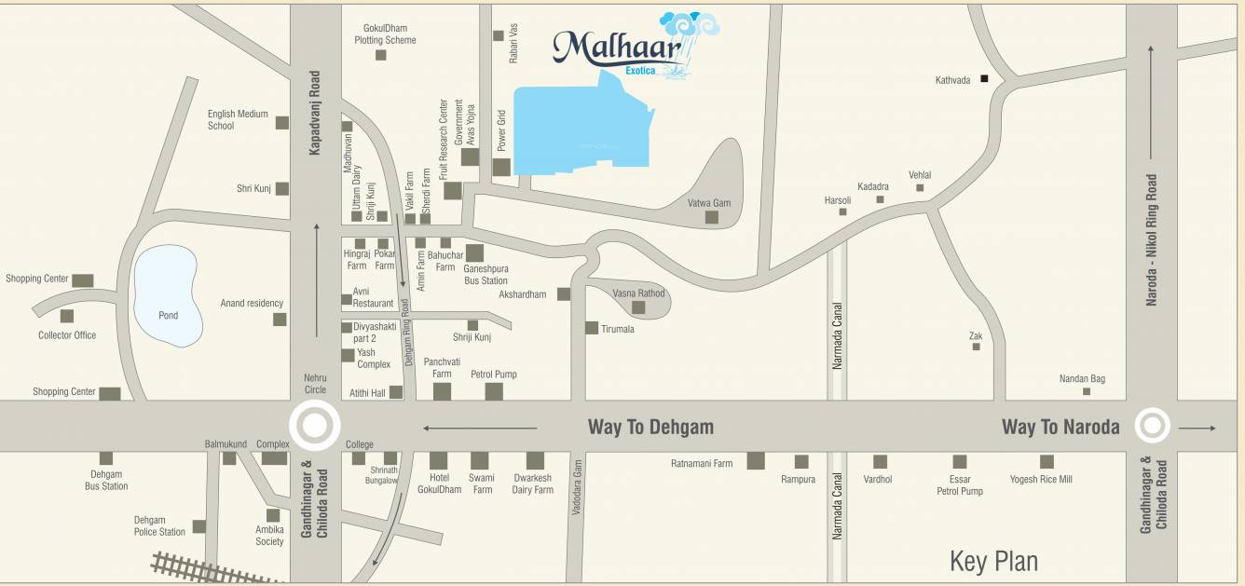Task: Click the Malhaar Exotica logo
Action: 634,47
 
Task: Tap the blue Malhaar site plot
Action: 578,130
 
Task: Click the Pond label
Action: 168,316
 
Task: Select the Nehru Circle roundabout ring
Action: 314,427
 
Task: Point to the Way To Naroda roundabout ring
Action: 1152,427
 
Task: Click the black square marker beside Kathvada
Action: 983,80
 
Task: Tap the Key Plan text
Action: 993,561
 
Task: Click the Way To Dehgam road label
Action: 650,427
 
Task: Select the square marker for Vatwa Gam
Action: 712,217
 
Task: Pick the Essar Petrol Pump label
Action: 960,485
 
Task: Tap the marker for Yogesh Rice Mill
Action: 1047,461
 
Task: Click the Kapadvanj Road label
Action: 315,112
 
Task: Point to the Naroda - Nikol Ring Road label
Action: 1152,239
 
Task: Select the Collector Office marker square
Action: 67,316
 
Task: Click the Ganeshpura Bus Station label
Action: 486,275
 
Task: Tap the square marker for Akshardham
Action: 564,294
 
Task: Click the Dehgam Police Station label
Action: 159,526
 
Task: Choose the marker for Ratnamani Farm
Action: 756,460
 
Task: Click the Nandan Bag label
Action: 1082,378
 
